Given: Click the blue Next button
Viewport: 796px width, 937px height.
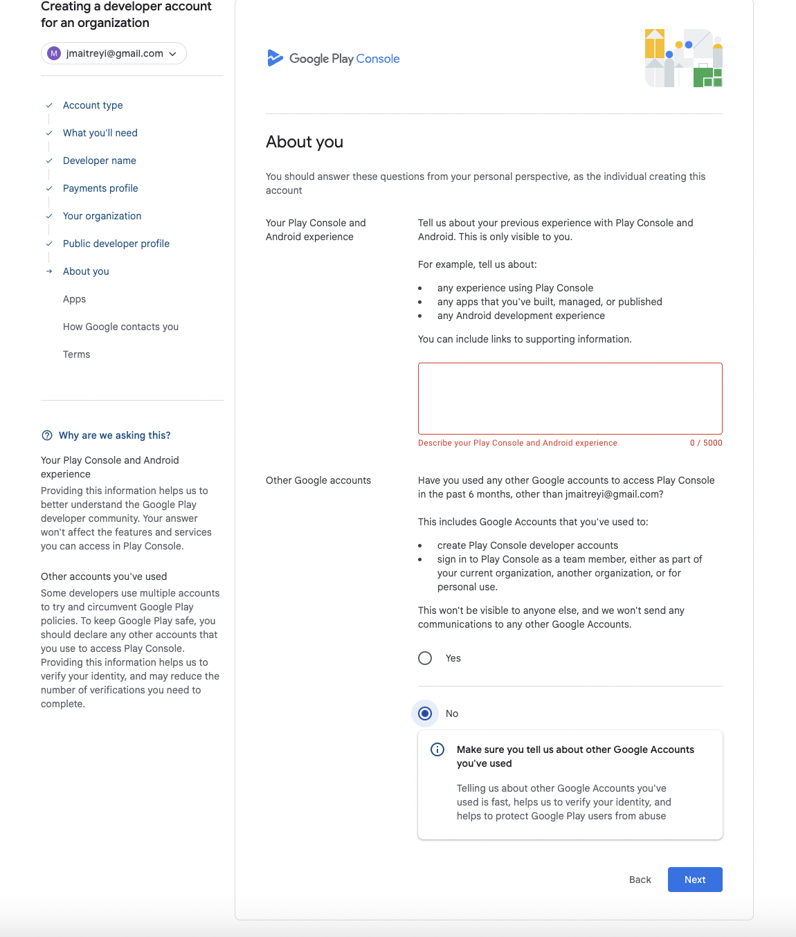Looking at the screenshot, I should coord(695,880).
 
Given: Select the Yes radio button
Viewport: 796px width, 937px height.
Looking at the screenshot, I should coord(425,658).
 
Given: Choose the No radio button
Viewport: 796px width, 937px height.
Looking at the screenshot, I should coord(425,713).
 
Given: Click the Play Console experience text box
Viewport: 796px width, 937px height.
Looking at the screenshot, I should coord(570,399).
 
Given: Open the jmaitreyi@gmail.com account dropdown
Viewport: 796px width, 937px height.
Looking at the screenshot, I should coord(114,53).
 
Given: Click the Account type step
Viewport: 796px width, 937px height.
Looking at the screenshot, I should coord(93,105).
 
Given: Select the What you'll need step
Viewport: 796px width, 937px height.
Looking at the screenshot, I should coord(100,133).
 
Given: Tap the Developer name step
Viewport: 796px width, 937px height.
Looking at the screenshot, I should coord(100,161).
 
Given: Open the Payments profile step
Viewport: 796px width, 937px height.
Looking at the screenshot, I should coord(100,188).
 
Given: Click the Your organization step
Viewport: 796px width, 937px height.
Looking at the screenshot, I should coord(102,216).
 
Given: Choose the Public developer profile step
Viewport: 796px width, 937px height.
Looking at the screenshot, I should coord(116,244).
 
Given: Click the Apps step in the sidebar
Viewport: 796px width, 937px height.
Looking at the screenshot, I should coord(75,299).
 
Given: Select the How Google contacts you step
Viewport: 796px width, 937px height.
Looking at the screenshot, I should coord(121,327).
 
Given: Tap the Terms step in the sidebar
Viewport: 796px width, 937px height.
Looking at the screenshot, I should coord(77,354).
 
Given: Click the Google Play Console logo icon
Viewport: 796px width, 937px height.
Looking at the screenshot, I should coord(275,58).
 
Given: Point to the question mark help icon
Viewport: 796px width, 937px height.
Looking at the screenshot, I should coord(47,435).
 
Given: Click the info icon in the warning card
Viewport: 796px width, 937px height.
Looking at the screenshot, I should coord(437,749).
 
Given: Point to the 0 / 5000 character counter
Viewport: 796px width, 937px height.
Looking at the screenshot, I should coord(706,443).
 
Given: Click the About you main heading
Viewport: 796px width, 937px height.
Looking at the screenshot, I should coord(305,142).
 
